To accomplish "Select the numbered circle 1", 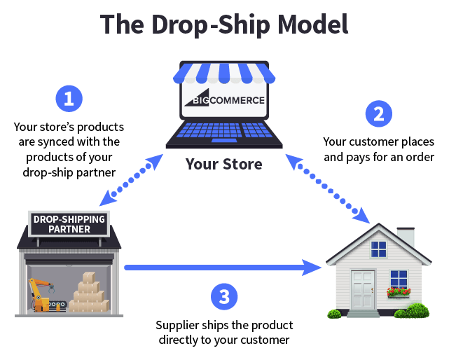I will point(69,99).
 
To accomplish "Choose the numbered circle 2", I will point(378,113).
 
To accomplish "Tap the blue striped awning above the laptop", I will point(224,72).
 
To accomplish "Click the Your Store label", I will point(224,165).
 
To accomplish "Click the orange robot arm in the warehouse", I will point(39,294).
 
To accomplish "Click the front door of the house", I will point(364,290).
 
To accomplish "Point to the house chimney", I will point(406,237).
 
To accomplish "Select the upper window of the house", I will point(379,249).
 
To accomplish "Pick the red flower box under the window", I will point(399,291).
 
